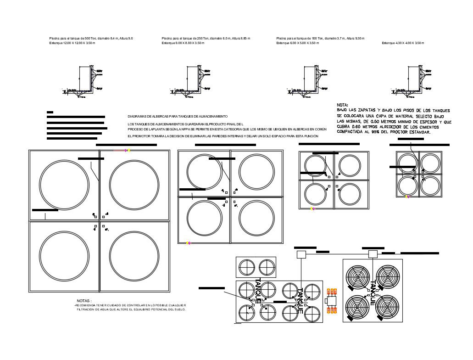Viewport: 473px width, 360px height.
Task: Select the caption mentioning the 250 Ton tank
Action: click(206, 38)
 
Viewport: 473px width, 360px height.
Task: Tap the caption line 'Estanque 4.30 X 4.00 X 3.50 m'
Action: click(403, 43)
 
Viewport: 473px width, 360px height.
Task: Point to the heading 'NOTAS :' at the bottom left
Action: click(84, 300)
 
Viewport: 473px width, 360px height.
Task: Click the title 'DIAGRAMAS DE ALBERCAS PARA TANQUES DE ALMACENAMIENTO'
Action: click(177, 117)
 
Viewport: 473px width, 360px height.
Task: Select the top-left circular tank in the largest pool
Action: click(64, 184)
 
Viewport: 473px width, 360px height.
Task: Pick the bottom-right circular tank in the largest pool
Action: click(134, 256)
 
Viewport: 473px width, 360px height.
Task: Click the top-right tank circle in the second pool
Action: click(256, 172)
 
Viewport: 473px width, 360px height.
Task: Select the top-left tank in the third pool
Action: click(316, 166)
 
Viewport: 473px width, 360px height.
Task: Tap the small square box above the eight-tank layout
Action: click(301, 254)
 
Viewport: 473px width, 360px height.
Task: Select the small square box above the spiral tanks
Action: click(373, 254)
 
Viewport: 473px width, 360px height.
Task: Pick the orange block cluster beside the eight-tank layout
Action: click(332, 301)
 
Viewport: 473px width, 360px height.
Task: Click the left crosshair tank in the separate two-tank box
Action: click(246, 267)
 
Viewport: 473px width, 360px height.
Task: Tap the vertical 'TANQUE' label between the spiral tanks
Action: click(373, 292)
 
